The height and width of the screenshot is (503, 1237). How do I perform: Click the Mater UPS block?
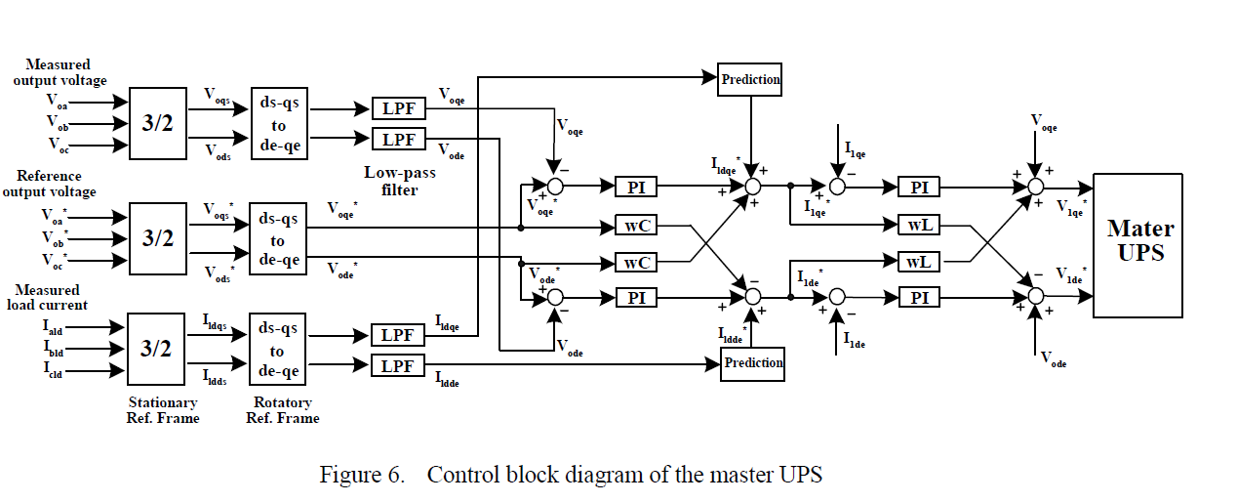pyautogui.click(x=1140, y=245)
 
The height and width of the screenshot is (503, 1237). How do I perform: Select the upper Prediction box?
pyautogui.click(x=750, y=79)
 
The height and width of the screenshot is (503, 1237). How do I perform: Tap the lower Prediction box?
pyautogui.click(x=752, y=363)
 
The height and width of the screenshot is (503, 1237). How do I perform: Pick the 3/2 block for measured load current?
pyautogui.click(x=157, y=349)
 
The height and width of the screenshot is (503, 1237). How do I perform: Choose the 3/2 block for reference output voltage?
pyautogui.click(x=157, y=237)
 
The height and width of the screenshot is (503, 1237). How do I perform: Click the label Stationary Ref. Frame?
pyautogui.click(x=164, y=410)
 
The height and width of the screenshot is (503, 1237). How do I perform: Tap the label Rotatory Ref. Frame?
pyautogui.click(x=284, y=410)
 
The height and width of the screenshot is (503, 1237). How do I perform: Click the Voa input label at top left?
pyautogui.click(x=58, y=100)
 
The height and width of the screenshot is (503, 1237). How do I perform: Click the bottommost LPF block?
pyautogui.click(x=398, y=366)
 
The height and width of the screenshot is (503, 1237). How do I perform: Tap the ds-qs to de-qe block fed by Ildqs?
pyautogui.click(x=278, y=350)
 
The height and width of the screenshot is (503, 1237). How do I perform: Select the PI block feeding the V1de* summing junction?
pyautogui.click(x=919, y=297)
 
